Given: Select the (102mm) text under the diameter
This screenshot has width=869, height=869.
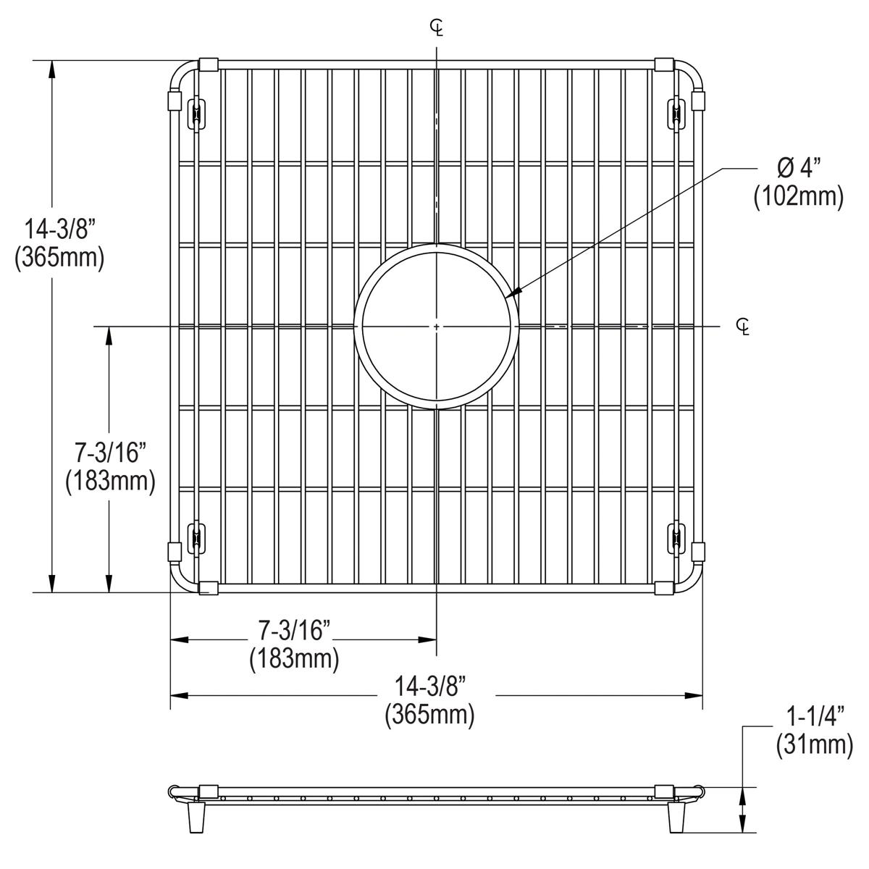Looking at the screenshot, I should [x=798, y=196].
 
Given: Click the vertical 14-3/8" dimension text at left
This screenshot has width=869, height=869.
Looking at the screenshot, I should [x=61, y=230].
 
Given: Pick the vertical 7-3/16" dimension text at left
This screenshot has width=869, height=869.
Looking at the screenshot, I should [x=111, y=453].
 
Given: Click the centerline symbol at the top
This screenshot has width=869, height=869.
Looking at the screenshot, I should [x=437, y=28].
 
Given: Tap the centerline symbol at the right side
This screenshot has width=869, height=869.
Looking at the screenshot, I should [x=742, y=327].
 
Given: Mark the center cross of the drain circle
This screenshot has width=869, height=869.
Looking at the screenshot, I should [x=437, y=327].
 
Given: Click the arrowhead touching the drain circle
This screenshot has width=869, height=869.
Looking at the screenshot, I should [x=513, y=293].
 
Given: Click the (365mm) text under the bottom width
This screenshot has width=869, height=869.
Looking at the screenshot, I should [x=429, y=715].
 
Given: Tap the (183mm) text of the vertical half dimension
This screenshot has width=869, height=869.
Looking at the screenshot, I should [x=110, y=481].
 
